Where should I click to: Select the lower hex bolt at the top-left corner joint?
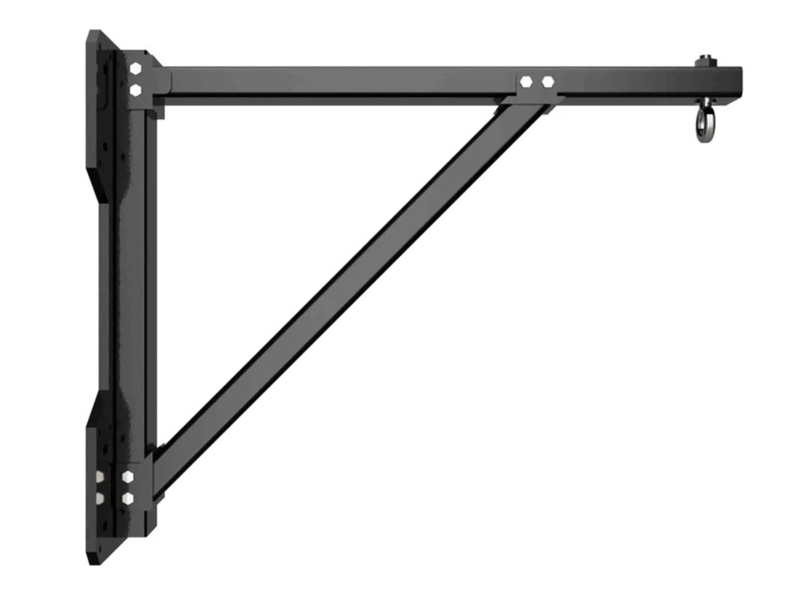(136, 90)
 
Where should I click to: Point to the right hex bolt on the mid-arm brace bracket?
(548, 82)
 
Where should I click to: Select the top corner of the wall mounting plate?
(94, 34)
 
